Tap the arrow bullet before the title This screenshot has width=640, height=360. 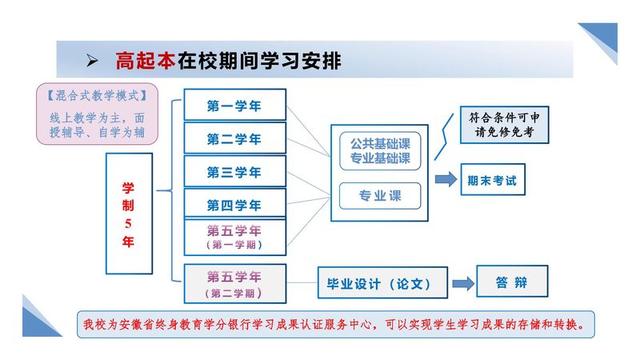(x=92, y=60)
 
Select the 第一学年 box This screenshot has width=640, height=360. (x=234, y=105)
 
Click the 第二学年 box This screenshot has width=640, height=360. (x=234, y=138)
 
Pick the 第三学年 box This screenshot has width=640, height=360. (x=234, y=172)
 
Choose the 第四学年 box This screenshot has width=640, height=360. (x=234, y=205)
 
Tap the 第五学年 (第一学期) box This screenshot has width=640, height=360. (x=234, y=237)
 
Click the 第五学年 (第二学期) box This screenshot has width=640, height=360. (x=234, y=283)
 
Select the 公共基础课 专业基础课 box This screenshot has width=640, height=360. (x=380, y=151)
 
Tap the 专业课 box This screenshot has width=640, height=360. (x=380, y=196)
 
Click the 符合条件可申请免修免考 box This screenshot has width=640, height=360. (x=503, y=126)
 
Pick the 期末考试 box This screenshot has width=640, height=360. (x=492, y=181)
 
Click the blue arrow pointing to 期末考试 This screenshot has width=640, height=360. (x=446, y=178)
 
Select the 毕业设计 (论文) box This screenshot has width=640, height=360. (x=374, y=283)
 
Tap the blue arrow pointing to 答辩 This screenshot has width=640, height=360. (x=462, y=283)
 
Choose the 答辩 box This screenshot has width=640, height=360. (x=512, y=282)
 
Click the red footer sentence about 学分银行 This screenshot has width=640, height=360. (x=336, y=326)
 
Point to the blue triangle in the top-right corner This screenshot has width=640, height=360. (x=603, y=40)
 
